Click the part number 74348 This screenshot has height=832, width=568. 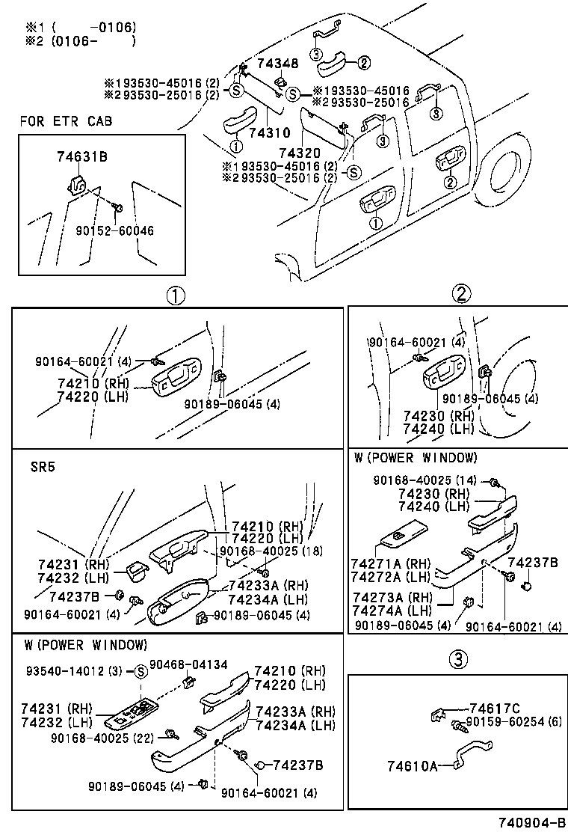pyautogui.click(x=278, y=65)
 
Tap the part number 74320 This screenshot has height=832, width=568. pyautogui.click(x=320, y=153)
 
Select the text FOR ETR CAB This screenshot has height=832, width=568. pyautogui.click(x=66, y=120)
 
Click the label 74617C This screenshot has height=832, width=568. pyautogui.click(x=494, y=709)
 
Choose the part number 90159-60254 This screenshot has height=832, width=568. pyautogui.click(x=505, y=722)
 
